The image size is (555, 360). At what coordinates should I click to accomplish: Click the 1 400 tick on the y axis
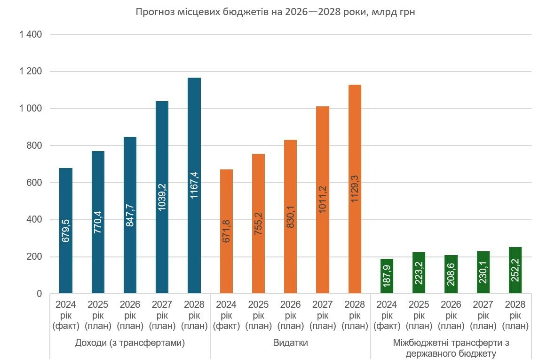click(x=31, y=35)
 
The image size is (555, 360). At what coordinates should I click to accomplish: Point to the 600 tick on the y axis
click(x=33, y=183)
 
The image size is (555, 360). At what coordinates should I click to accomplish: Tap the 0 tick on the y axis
click(x=40, y=294)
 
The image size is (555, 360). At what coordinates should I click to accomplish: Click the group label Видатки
click(x=290, y=343)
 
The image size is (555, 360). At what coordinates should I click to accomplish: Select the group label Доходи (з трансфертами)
click(x=130, y=343)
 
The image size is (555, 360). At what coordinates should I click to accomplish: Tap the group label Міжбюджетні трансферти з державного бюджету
click(x=451, y=348)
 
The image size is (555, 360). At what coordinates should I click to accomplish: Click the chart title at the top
click(x=275, y=12)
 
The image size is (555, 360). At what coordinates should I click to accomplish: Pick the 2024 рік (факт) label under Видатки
click(x=226, y=315)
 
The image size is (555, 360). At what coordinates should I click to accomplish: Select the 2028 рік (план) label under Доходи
click(x=194, y=315)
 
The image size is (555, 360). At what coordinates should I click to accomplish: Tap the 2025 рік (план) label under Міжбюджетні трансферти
click(x=419, y=315)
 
